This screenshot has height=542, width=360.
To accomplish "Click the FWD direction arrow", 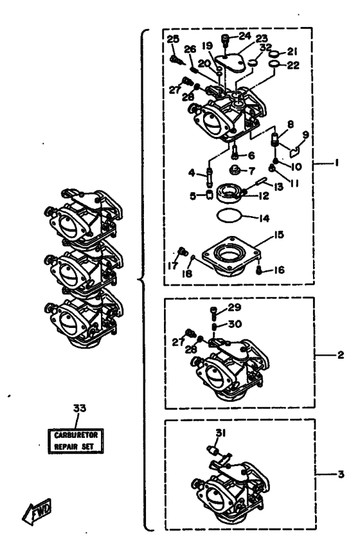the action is point(37,511).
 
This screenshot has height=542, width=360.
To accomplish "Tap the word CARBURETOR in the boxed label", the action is point(76,435).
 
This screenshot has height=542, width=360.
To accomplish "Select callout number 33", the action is point(80,408).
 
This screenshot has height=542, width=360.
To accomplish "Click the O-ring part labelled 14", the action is point(228,216).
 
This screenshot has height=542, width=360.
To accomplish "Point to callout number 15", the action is point(278,235).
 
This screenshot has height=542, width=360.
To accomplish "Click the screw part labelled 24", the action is point(225,40).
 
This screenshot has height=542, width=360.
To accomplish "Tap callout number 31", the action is point(221,433).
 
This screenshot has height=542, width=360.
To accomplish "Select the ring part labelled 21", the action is point(274,54).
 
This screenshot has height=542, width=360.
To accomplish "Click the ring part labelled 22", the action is point(274,64).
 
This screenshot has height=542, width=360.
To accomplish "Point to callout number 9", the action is point(306,135).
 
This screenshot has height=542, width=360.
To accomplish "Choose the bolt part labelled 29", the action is point(213,313).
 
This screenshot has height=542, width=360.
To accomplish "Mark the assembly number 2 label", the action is point(340,355).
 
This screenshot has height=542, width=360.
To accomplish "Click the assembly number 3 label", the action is point(341,474).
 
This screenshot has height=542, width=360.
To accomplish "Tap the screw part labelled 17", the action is point(183,251).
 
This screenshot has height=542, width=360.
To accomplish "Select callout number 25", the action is point(173,39).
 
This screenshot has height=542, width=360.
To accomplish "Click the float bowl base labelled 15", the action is point(232,257).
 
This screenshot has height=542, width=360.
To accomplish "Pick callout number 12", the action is point(264,196).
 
